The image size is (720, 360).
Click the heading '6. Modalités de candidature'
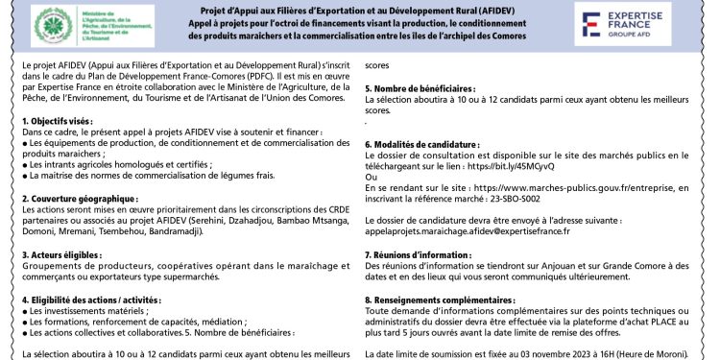tap(422, 143)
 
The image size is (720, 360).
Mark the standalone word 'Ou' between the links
tap(372, 176)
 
